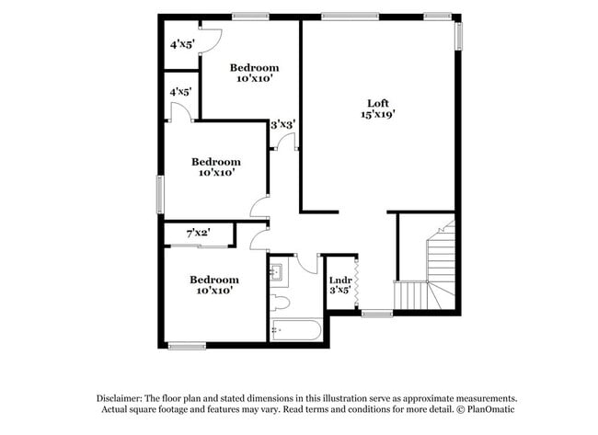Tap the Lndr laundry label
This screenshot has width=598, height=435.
[340, 280]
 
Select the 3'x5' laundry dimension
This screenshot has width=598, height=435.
[340, 292]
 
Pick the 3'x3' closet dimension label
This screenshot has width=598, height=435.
[282, 125]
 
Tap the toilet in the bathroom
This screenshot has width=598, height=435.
[280, 302]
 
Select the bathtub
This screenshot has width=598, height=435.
[295, 330]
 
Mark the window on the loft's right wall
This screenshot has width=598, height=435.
[457, 36]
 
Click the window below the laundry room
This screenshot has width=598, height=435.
[375, 315]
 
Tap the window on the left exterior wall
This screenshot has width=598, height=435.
[159, 194]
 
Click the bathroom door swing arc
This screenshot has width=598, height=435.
[306, 262]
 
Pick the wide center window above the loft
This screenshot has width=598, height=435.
[350, 16]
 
